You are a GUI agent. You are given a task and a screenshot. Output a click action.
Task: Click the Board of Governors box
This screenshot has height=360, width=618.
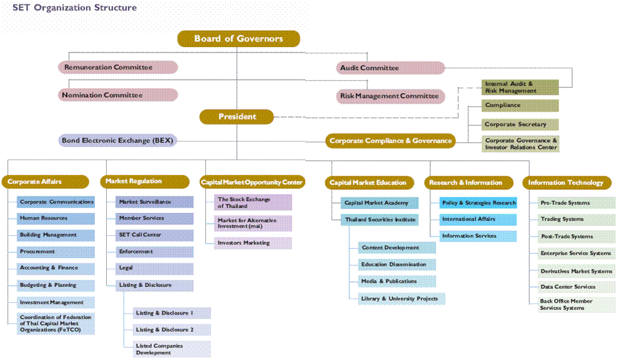[239, 39]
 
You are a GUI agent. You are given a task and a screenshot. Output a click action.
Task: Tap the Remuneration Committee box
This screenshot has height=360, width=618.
[118, 67]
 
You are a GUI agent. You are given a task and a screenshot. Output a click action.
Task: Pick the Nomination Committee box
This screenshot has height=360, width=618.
[118, 95]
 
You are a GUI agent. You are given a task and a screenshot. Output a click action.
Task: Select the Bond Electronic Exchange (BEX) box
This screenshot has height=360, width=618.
[119, 141]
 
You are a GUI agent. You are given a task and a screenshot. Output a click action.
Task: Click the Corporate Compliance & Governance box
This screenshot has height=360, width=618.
[390, 141]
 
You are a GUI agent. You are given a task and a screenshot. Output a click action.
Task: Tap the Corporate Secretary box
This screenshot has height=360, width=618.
[520, 125]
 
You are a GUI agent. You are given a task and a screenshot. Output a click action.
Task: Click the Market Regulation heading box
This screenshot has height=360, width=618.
[146, 181]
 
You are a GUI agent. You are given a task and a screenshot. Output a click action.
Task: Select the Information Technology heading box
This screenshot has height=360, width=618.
[565, 182]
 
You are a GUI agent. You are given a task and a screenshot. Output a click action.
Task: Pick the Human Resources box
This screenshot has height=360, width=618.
[56, 218]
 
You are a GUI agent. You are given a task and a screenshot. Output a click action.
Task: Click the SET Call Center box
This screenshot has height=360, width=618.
[155, 235]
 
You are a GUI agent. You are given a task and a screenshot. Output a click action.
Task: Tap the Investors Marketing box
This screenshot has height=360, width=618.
[253, 243]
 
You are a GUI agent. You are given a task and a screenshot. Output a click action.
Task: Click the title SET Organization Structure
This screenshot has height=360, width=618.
[74, 8]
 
